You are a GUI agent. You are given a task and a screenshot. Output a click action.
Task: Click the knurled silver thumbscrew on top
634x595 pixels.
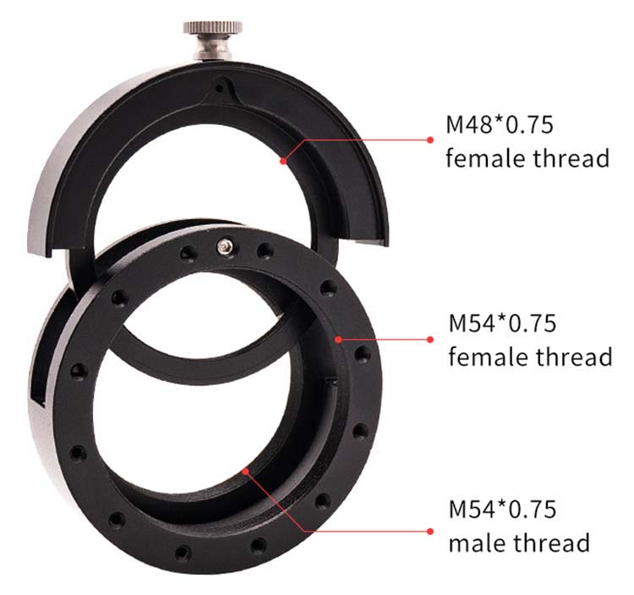coord(213,40)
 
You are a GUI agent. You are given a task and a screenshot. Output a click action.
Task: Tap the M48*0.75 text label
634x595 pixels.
coord(500,124)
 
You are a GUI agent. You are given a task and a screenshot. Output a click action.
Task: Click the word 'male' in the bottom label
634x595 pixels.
coord(478,543)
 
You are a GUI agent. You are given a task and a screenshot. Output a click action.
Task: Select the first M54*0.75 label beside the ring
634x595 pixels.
coord(502,323)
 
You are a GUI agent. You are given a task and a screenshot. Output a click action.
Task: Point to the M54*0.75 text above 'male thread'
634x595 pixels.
coord(502,509)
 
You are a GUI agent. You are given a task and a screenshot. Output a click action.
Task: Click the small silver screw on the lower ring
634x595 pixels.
coord(225,245)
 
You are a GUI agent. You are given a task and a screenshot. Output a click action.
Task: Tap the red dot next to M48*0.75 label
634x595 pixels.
coord(430,140)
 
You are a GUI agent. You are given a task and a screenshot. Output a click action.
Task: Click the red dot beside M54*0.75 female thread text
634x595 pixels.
coord(430,339)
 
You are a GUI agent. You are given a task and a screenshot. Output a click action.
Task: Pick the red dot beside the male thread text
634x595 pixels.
coord(430,532)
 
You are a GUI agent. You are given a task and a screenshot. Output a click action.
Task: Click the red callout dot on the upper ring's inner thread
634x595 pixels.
coord(283,161)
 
